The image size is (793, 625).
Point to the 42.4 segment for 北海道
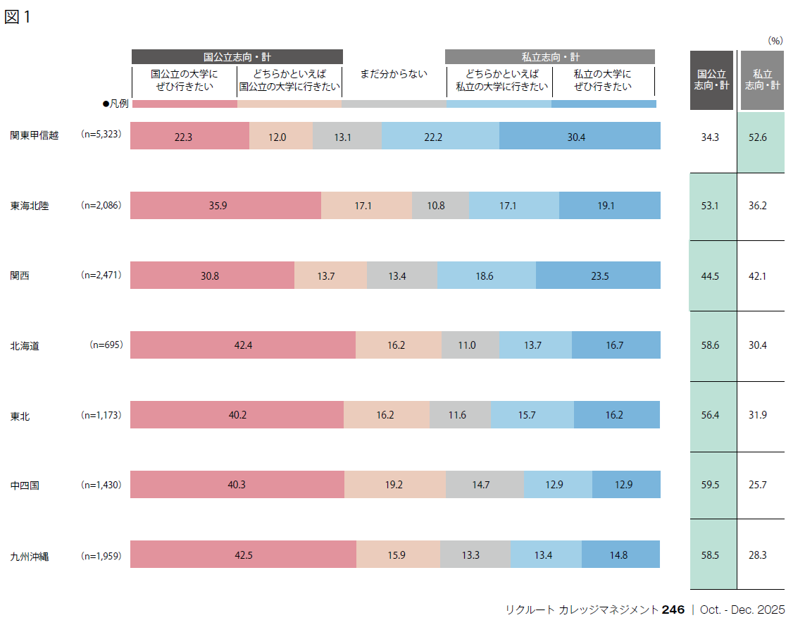pos(243,345)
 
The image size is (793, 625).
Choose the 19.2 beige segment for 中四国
pos(395,485)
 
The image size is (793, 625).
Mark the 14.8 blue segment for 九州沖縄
pos(620,555)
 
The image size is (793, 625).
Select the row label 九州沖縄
pos(30,556)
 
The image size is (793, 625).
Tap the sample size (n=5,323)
pos(101,134)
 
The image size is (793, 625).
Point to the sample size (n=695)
pos(106,345)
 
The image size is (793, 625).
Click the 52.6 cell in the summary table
pos(761,137)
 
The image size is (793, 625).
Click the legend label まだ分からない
pos(394,73)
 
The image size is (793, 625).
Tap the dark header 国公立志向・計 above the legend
pos(237,57)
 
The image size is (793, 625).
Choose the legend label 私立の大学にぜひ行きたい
pos(603,80)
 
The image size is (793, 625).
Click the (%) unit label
pos(775,41)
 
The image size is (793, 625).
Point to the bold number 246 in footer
pos(673,610)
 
